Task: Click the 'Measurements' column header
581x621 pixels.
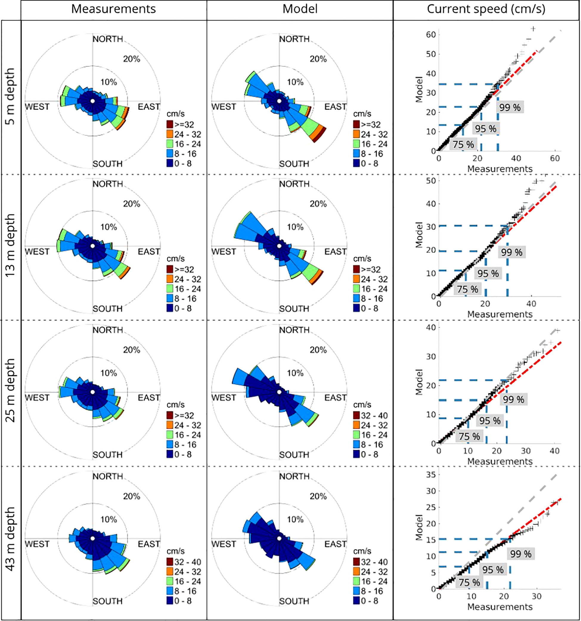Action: (x=113, y=9)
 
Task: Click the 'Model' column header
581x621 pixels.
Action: (x=300, y=9)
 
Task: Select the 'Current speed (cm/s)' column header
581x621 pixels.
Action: (x=486, y=9)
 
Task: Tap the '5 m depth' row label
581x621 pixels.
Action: (x=11, y=96)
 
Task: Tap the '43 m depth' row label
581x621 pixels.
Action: (x=11, y=538)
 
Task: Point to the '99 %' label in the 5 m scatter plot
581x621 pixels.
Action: (x=510, y=107)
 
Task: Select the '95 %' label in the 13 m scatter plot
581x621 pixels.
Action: (x=488, y=274)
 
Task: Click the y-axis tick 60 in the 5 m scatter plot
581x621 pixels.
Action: (x=431, y=35)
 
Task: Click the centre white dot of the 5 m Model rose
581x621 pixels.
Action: (x=279, y=101)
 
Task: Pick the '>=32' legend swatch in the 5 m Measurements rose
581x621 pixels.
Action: (x=170, y=124)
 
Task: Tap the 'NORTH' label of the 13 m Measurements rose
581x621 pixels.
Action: (x=108, y=184)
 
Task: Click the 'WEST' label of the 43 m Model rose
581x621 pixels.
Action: (x=224, y=544)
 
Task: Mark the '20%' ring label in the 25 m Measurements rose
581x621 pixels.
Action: (x=131, y=350)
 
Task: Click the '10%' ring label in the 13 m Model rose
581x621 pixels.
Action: (x=295, y=227)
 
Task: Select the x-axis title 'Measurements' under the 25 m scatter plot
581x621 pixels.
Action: (x=500, y=462)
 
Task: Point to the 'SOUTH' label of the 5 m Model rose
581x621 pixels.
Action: (x=294, y=164)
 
